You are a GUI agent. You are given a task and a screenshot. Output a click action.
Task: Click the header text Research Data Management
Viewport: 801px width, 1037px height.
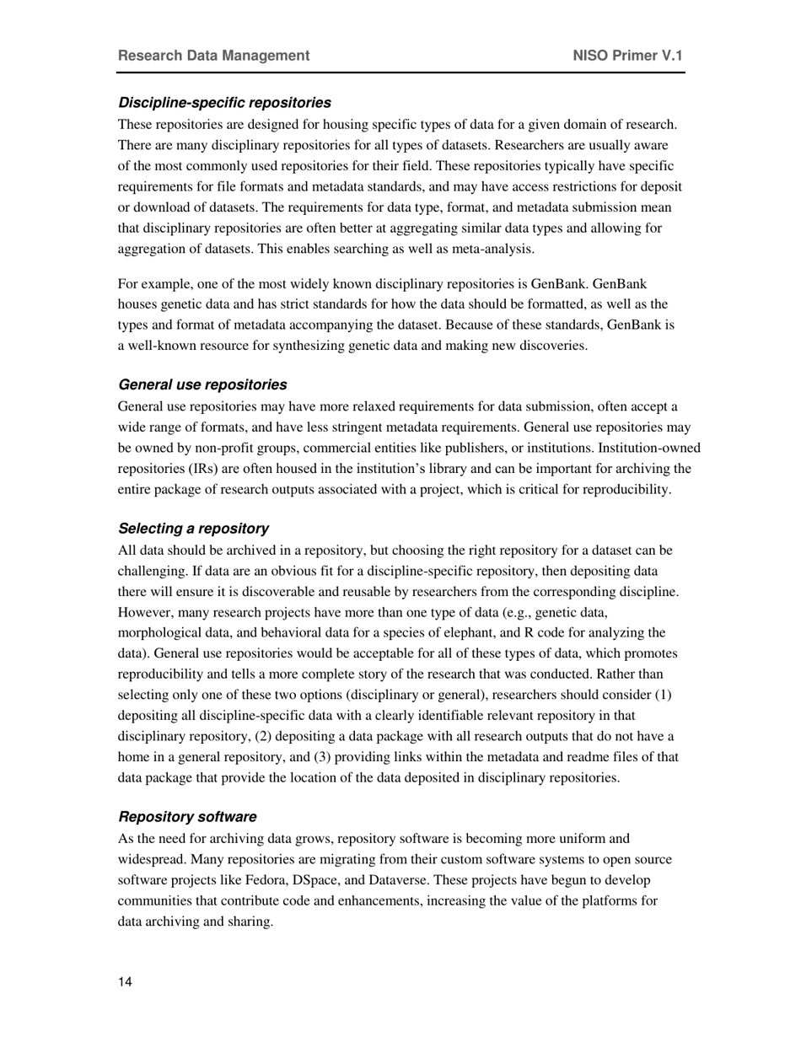pos(213,56)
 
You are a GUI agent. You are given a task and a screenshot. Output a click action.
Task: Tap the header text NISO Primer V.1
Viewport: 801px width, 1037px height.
pos(627,56)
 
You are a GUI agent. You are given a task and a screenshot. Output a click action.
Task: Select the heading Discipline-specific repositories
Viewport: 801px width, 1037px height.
pos(224,103)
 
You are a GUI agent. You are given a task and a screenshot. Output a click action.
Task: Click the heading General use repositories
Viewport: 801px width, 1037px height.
pos(202,384)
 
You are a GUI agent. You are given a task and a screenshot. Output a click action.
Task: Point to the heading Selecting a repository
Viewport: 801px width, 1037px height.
pos(193,529)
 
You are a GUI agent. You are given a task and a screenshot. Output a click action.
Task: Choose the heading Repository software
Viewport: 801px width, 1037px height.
pos(187,817)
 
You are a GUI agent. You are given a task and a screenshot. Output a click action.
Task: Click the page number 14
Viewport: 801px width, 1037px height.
pos(126,981)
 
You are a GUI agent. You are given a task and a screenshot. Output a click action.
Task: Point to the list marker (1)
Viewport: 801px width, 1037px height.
pos(663,695)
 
